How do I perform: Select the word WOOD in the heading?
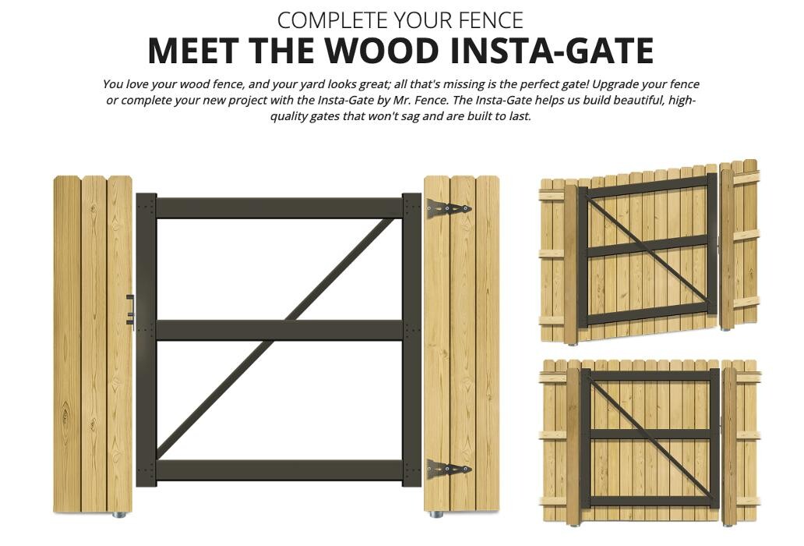(382, 50)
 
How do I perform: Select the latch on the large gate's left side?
(130, 310)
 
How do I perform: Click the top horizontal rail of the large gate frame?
(280, 207)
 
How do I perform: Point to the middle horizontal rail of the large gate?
(280, 330)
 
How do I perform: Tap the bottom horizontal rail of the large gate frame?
(280, 470)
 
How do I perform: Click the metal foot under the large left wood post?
(119, 514)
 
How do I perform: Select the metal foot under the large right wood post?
(436, 514)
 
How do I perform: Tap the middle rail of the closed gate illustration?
(651, 434)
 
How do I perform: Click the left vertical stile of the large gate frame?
(146, 340)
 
